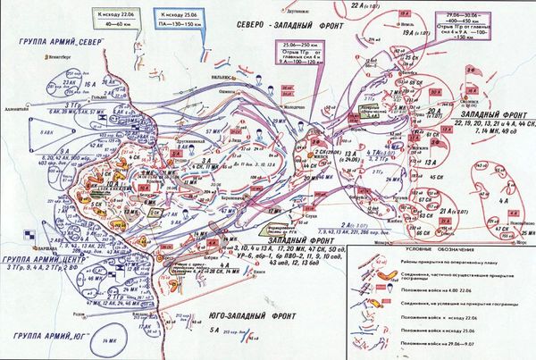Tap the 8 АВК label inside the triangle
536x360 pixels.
[41, 131]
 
